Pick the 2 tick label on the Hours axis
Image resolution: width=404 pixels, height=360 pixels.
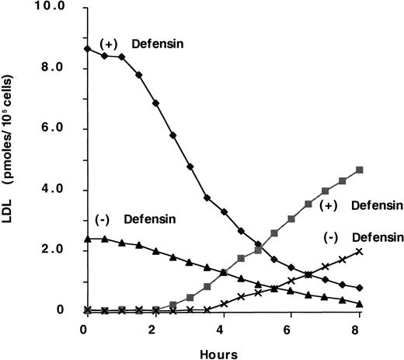155,329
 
